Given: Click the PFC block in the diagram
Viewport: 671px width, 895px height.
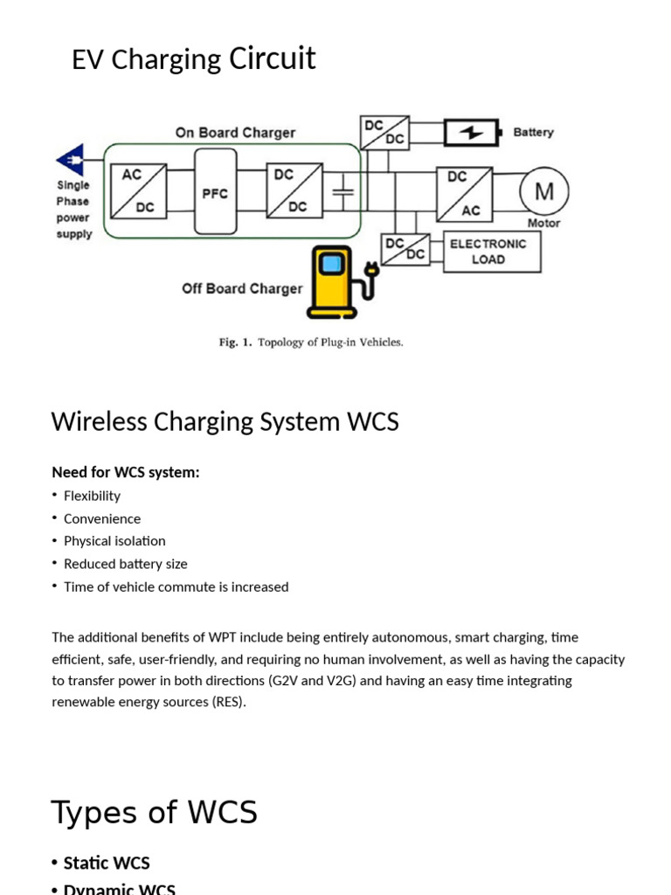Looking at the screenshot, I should (215, 191).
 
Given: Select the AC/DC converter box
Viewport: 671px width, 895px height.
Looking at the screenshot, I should (132, 192).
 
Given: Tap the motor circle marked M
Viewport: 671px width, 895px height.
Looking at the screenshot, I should (544, 191).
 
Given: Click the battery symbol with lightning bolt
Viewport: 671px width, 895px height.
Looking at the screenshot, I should (473, 133).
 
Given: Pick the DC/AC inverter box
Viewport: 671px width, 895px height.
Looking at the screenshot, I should (464, 193).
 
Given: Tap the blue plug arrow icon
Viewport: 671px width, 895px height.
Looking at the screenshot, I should (71, 162).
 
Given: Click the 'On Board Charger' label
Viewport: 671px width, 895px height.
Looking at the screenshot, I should (235, 133).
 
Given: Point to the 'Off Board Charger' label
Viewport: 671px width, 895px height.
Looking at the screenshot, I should (242, 288).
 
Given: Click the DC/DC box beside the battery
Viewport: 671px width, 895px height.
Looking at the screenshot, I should (384, 132).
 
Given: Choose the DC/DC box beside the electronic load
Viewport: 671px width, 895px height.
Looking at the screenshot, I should (406, 248).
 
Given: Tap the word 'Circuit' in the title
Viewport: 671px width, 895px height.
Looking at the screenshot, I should (272, 59).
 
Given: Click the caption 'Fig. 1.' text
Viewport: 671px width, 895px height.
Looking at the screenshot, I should (235, 343).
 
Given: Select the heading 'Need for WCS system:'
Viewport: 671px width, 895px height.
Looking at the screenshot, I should (125, 472).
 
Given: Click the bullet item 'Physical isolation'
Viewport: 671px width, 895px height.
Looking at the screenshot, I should (114, 541).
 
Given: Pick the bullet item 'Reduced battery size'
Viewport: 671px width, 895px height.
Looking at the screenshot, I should (125, 564).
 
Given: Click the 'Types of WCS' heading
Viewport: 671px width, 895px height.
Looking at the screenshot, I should (154, 812).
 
